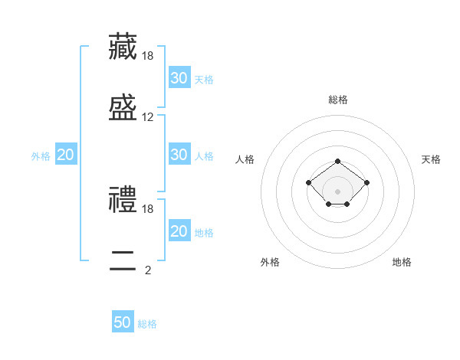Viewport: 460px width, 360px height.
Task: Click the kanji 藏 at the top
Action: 123,46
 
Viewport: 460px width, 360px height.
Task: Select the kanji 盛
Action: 123,108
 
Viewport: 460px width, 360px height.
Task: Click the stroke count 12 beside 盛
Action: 148,117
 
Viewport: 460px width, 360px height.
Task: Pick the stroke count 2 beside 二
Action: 148,270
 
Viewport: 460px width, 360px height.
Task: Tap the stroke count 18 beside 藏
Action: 148,55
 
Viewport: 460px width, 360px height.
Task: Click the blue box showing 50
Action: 123,322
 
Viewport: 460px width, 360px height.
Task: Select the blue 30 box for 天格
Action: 179,78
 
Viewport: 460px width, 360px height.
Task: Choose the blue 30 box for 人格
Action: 179,155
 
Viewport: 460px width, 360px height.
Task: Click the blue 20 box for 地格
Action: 179,231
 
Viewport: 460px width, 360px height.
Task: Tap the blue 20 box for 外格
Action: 65,155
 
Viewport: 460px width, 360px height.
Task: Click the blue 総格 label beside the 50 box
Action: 147,324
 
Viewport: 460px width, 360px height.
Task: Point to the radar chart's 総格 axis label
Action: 337,100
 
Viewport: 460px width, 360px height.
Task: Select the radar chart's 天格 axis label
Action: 432,159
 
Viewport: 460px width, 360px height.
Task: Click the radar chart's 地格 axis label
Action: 402,262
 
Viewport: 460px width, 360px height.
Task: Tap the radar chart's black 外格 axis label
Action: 270,262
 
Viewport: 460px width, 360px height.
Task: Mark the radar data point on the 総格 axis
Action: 337,161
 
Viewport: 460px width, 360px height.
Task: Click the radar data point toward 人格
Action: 308,182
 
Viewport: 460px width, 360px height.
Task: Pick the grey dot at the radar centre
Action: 337,191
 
